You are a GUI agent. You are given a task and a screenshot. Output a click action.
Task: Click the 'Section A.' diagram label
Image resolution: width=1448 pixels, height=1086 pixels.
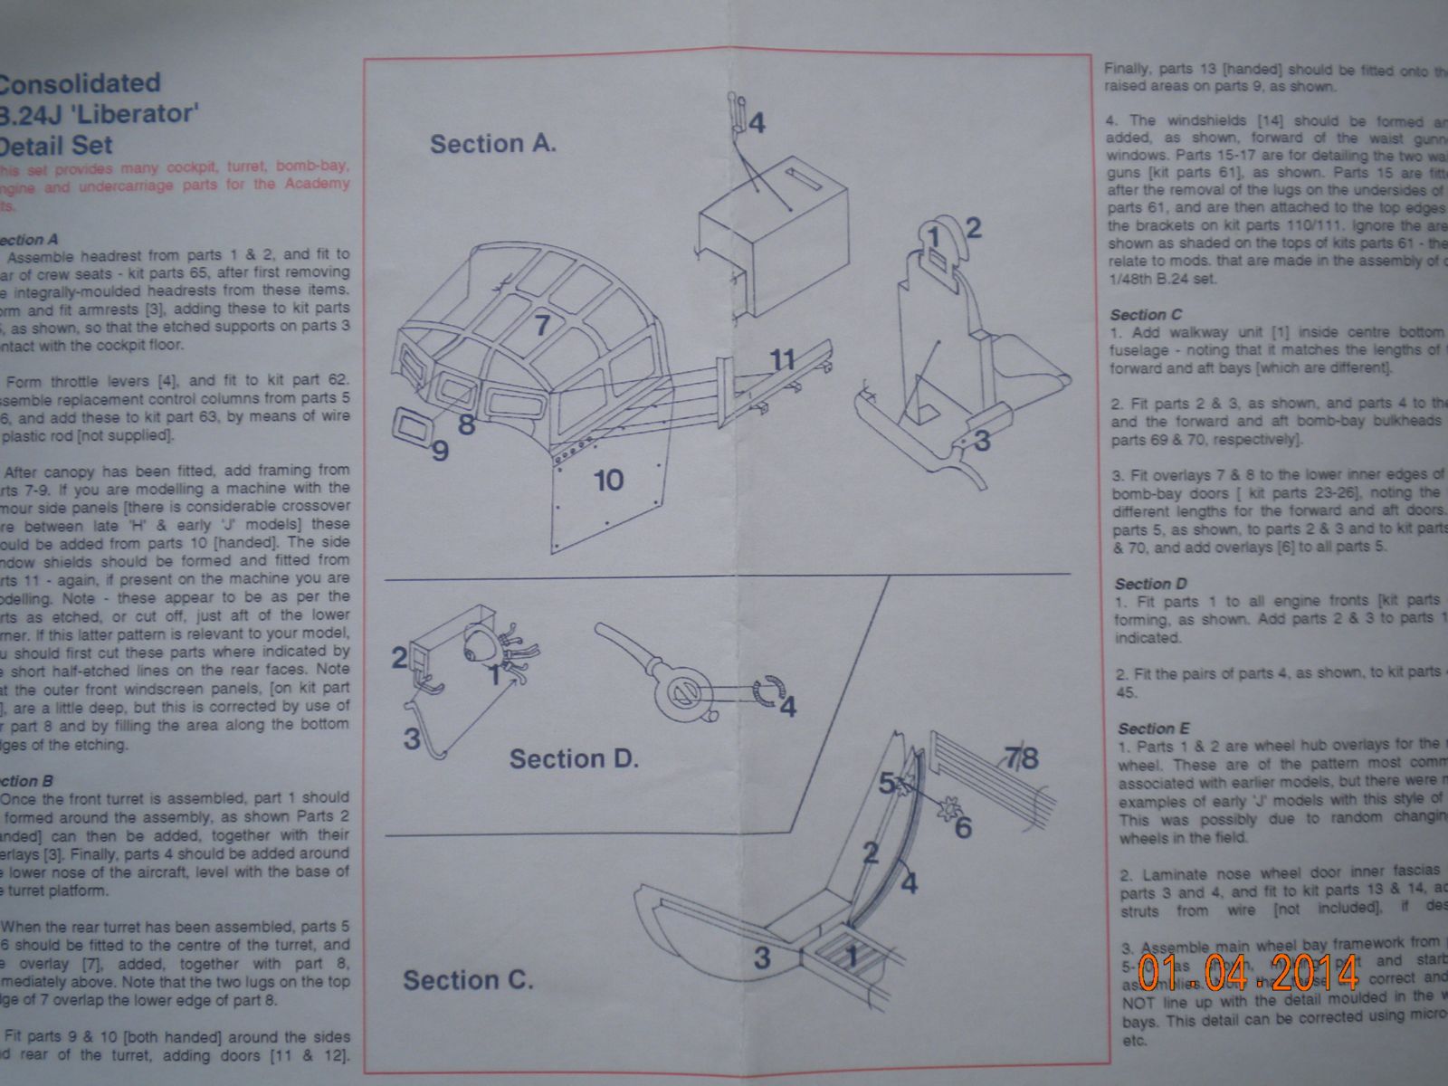[492, 144]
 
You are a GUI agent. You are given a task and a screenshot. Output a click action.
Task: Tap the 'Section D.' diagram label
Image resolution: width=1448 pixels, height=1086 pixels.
[574, 758]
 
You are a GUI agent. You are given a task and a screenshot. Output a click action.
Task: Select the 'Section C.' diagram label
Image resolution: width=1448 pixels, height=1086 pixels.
[467, 980]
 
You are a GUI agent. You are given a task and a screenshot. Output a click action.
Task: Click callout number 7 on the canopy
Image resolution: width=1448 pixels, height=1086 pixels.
[541, 324]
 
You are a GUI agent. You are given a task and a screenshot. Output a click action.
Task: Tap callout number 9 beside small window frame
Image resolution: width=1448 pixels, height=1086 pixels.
[440, 450]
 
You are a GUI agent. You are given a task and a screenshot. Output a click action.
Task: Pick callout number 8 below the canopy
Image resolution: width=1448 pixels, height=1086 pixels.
[467, 423]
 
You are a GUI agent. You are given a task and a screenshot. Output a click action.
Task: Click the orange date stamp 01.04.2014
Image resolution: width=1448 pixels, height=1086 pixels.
[1249, 972]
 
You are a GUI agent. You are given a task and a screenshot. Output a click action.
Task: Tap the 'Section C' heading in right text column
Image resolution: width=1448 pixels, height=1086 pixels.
[1146, 315]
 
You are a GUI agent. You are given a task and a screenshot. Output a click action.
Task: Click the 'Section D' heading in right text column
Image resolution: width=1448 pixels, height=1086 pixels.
[1150, 584]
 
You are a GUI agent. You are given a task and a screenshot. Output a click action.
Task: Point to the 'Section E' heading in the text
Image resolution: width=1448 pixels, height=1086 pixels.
[1153, 729]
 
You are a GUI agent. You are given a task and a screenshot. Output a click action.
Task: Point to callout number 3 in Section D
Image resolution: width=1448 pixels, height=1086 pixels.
[412, 738]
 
